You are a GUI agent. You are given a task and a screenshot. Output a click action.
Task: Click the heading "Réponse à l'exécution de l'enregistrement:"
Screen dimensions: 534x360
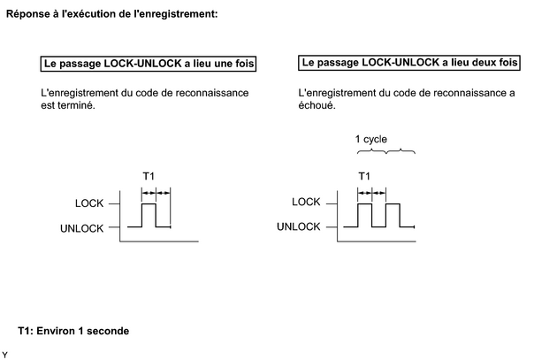point(111,14)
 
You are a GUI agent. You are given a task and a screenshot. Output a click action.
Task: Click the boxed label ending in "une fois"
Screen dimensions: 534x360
point(149,64)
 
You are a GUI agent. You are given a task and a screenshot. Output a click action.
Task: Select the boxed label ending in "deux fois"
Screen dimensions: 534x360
point(409,63)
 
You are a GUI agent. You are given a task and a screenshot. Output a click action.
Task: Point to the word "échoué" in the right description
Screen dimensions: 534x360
point(317,105)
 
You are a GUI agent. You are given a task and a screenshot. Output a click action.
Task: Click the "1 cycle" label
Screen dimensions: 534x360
point(370,139)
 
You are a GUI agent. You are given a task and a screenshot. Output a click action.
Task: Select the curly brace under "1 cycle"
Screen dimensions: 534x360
point(385,151)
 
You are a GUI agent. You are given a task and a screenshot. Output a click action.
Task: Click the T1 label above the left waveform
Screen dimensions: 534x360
point(149,176)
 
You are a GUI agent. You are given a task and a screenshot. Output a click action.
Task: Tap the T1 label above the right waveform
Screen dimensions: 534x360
point(364,176)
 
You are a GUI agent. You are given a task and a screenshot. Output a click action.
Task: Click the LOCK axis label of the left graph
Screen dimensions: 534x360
point(89,203)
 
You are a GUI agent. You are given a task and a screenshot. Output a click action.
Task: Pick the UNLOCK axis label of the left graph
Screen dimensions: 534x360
point(81,228)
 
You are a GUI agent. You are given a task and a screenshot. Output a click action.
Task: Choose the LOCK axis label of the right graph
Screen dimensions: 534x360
point(306,202)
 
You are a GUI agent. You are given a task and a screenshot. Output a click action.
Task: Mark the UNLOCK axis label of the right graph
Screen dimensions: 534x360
point(298,226)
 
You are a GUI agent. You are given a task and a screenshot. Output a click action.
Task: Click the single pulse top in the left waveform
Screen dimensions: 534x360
point(149,203)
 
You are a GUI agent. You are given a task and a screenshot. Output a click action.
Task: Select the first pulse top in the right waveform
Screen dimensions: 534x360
point(365,203)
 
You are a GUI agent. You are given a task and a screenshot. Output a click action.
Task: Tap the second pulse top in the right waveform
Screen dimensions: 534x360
point(393,203)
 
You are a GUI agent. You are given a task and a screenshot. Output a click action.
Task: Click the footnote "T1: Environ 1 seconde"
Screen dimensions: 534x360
point(73,331)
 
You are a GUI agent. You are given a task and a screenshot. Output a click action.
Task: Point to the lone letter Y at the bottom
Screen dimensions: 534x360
point(4,355)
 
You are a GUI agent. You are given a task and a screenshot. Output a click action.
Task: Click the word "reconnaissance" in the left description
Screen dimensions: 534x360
point(212,93)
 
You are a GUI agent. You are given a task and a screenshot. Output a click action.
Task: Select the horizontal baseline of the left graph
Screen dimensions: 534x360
point(159,241)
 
